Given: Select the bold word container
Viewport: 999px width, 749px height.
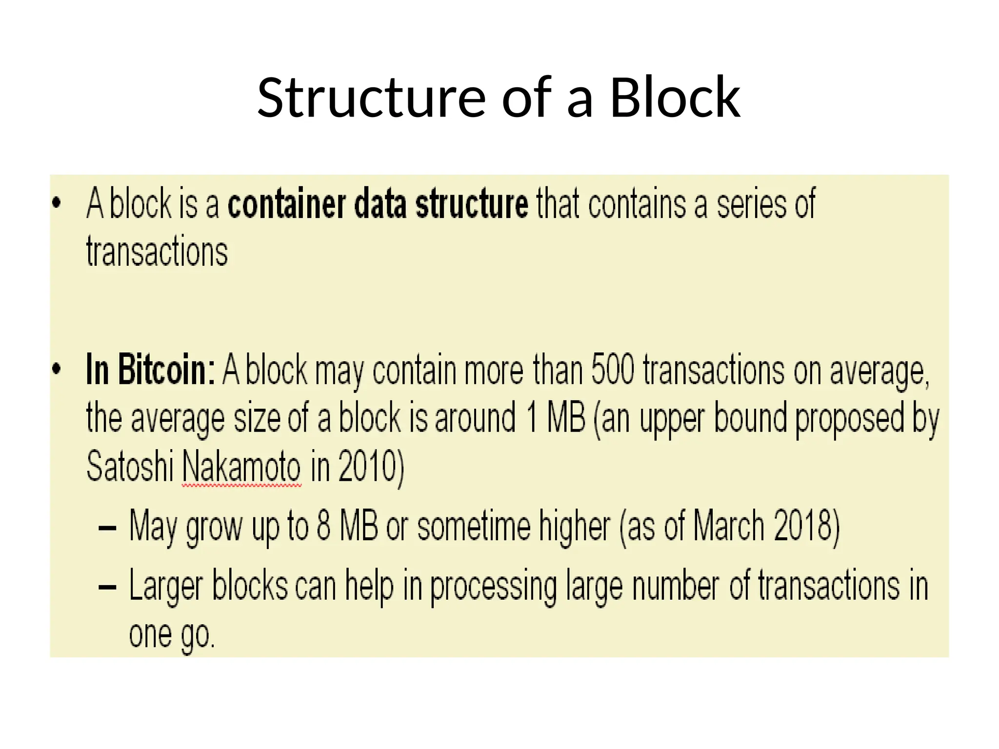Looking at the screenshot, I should pyautogui.click(x=287, y=204).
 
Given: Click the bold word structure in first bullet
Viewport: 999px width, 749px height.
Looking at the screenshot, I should pyautogui.click(x=471, y=204).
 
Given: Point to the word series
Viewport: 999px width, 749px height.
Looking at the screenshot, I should pyautogui.click(x=751, y=204).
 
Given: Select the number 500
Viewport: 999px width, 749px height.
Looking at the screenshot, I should pyautogui.click(x=612, y=370).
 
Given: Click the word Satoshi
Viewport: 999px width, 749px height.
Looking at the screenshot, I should pyautogui.click(x=130, y=466).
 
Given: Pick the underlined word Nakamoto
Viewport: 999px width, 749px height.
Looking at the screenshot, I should pyautogui.click(x=241, y=466).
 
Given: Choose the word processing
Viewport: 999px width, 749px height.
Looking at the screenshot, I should pyautogui.click(x=493, y=587).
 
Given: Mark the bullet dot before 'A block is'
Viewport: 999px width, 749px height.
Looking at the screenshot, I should pyautogui.click(x=57, y=203).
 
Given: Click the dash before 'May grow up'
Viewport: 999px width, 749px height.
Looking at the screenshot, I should pyautogui.click(x=107, y=528).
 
